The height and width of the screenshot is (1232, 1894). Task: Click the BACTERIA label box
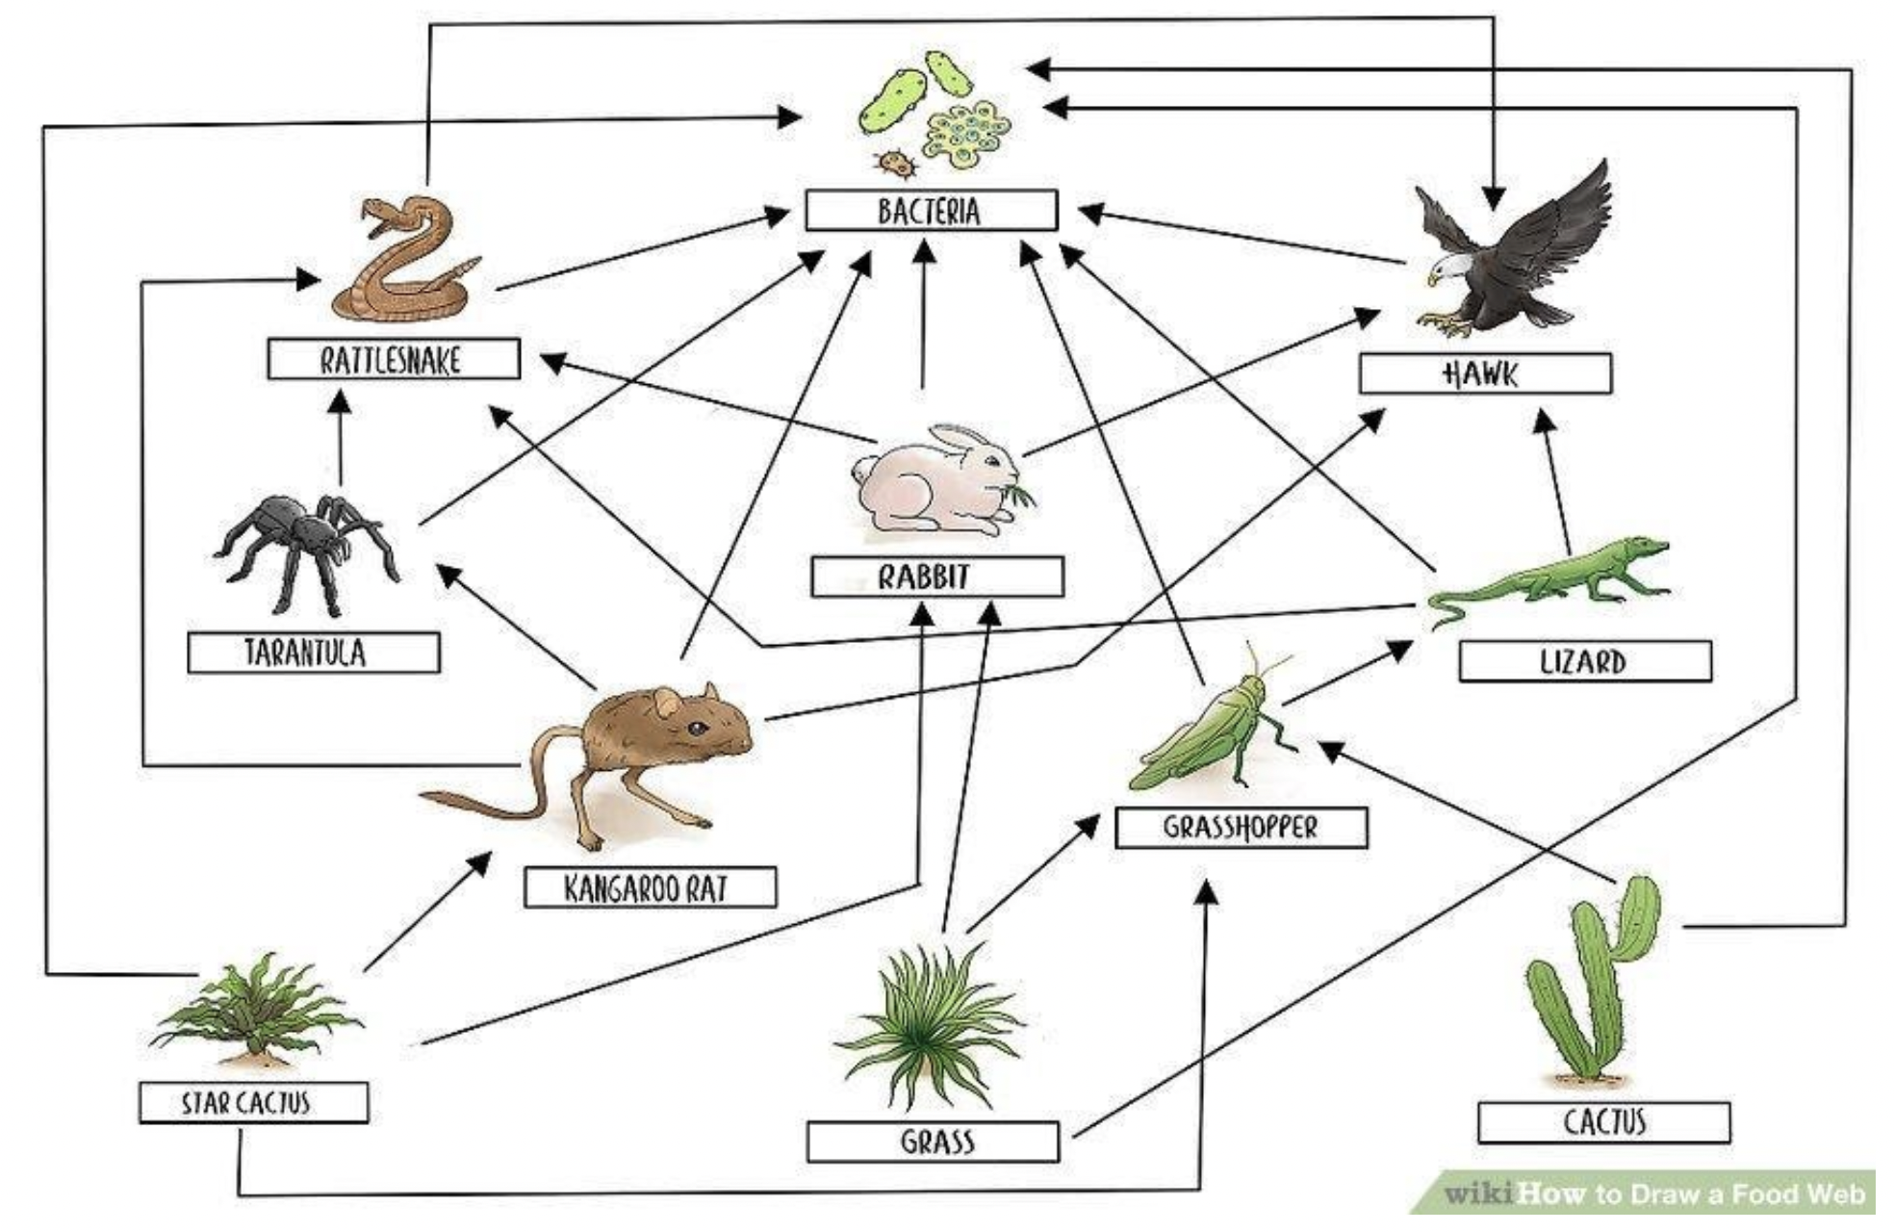pos(930,211)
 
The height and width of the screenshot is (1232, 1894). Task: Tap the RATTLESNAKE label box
pos(393,359)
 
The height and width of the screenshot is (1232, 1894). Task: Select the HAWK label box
pos(1484,373)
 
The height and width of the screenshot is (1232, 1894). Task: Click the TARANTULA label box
pos(314,653)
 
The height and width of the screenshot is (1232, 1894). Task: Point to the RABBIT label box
pos(936,577)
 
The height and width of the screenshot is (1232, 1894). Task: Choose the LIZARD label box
pos(1584,661)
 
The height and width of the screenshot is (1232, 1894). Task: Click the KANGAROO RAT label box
pos(650,887)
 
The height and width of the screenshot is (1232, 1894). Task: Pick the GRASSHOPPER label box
pos(1241,828)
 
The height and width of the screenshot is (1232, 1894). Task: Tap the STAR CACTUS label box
pos(253,1102)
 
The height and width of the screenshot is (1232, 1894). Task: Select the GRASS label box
pos(933,1142)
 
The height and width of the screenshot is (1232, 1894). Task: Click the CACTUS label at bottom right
pos(1603,1122)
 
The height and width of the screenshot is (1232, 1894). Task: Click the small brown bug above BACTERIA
pos(897,164)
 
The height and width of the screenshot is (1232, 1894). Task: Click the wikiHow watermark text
pos(1653,1194)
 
